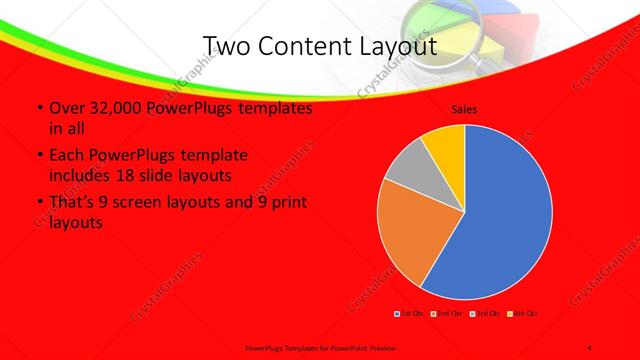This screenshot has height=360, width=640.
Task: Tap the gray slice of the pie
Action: click(408, 172)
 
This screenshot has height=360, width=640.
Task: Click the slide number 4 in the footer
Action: click(590, 344)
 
